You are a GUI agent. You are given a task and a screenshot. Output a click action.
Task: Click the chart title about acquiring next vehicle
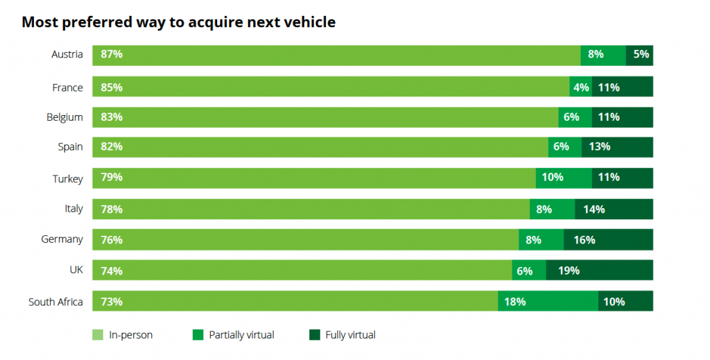[x=178, y=22]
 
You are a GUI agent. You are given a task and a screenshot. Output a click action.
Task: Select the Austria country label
[x=67, y=54]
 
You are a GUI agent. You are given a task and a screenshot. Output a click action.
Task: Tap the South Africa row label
[x=55, y=302]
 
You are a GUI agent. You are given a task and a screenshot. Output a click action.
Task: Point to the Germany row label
[x=62, y=239]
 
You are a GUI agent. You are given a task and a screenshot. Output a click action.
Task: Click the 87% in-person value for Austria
[x=112, y=54]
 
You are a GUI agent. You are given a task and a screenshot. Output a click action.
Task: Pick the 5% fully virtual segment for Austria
[x=639, y=54]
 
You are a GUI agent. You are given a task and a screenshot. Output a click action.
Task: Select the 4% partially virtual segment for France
[x=581, y=87]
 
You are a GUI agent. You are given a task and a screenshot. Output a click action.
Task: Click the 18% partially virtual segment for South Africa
[x=548, y=302]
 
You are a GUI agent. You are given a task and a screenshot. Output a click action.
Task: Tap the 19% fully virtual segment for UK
[x=599, y=271]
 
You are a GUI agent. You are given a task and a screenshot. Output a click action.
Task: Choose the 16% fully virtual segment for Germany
[x=608, y=240]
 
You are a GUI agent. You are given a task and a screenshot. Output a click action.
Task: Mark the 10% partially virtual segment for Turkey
[x=564, y=178]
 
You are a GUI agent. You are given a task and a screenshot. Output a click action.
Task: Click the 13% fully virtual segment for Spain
[x=617, y=146]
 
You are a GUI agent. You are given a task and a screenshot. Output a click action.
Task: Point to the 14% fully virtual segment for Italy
[x=614, y=209]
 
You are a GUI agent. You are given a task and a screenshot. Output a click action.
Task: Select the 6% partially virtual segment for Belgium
[x=575, y=117]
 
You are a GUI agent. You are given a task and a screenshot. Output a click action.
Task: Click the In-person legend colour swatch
[x=98, y=335]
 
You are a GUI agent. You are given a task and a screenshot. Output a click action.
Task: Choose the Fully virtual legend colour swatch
[x=314, y=335]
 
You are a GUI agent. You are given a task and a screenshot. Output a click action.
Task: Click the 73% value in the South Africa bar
[x=112, y=302]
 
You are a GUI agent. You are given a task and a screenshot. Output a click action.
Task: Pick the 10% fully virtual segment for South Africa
[x=625, y=302]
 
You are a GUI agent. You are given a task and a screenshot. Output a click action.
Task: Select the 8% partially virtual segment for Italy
[x=552, y=209]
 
